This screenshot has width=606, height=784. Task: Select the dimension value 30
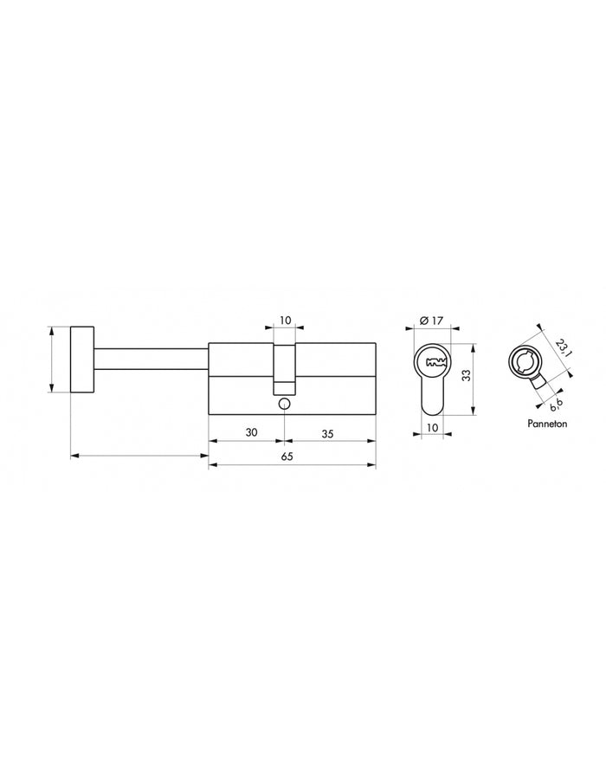tap(251, 432)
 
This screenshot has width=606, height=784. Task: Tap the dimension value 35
tap(328, 432)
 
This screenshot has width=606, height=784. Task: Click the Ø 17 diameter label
tap(431, 321)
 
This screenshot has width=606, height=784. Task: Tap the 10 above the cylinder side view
tap(285, 320)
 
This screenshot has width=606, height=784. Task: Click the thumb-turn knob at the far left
tap(81, 360)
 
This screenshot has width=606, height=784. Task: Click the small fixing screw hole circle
tap(285, 404)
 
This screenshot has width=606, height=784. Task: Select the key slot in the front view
tap(432, 361)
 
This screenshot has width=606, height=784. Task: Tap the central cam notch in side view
tap(285, 364)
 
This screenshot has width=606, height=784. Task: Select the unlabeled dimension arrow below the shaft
tap(139, 455)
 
